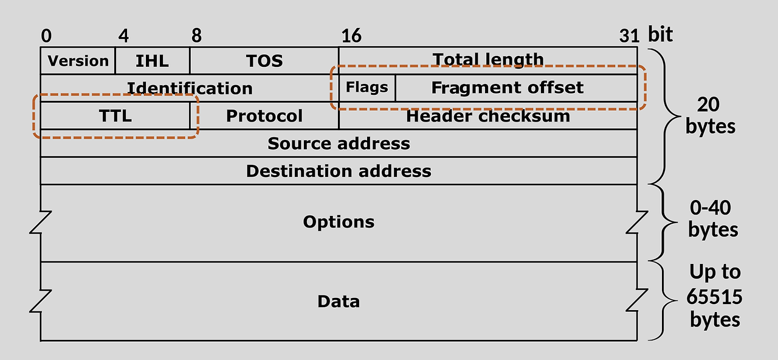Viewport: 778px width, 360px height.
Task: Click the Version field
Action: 78,61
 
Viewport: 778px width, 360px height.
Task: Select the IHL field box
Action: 152,61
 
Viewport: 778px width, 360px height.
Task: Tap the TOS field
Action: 264,61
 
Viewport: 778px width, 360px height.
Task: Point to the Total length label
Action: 488,59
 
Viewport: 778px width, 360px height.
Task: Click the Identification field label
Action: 189,88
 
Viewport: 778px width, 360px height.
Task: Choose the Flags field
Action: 367,88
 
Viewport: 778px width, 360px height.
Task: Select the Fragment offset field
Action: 507,88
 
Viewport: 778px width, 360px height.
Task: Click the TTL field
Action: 115,116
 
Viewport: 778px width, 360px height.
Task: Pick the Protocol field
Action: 264,116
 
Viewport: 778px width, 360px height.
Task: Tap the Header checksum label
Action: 488,116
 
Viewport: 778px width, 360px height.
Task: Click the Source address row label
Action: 339,144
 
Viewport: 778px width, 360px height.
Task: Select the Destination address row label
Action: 339,171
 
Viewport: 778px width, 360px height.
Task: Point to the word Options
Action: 339,222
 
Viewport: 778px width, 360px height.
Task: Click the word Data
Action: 339,302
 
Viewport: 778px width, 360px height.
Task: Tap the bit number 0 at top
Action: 46,36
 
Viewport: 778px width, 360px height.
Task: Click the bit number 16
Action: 351,36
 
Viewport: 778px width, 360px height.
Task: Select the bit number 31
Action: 629,36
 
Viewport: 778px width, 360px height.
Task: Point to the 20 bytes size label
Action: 709,116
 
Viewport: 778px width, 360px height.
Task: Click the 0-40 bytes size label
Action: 712,219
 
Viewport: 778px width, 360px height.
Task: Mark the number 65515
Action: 715,296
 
